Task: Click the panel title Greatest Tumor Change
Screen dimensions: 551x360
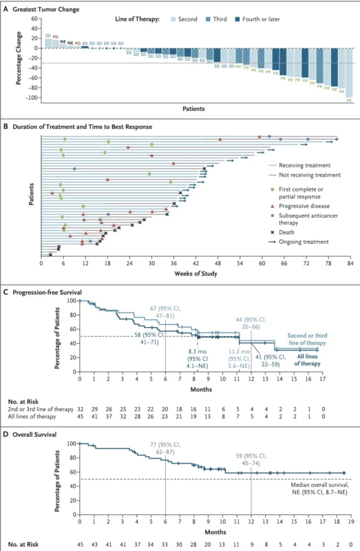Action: click(52, 9)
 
